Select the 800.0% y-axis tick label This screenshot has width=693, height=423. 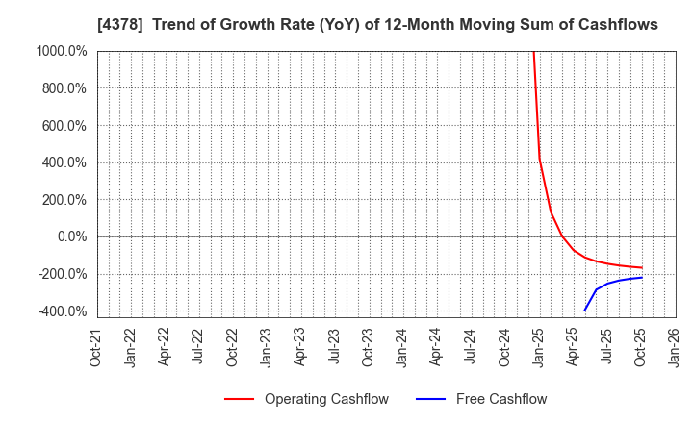point(63,88)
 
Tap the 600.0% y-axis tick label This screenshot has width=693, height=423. point(63,125)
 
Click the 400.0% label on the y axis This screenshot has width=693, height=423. point(63,162)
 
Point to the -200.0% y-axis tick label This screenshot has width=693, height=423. point(61,274)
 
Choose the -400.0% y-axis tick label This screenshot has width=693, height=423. point(61,311)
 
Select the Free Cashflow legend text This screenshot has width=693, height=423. point(501,399)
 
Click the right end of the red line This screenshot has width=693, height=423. point(641,268)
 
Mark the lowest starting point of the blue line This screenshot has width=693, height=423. point(584,311)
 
